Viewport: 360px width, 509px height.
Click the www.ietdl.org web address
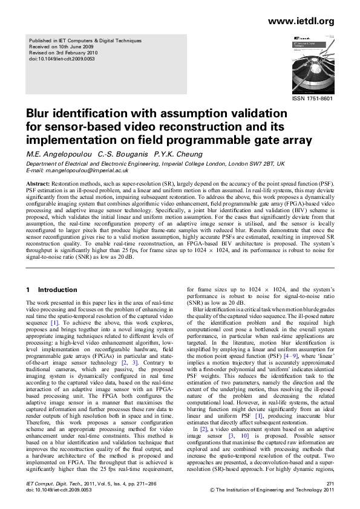pyautogui.click(x=301, y=21)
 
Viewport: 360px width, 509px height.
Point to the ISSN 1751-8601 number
pyautogui.click(x=313, y=97)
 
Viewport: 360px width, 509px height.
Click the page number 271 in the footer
pyautogui.click(x=330, y=484)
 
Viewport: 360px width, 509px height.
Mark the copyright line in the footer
pyautogui.click(x=272, y=490)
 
